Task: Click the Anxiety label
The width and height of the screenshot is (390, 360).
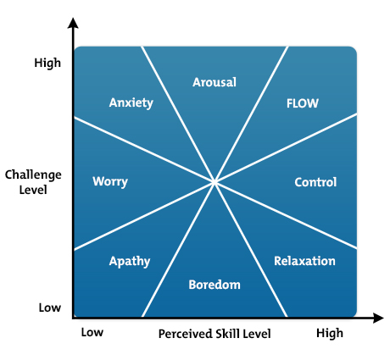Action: click(131, 103)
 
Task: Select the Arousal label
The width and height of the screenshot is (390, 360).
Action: click(214, 82)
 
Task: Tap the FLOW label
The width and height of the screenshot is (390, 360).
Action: click(302, 103)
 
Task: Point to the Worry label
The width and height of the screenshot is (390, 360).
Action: click(110, 182)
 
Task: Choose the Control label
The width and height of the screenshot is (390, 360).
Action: click(315, 182)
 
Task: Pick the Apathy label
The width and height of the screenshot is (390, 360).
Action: click(130, 261)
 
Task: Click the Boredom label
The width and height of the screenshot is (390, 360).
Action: click(214, 284)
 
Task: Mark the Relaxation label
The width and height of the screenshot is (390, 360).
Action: click(304, 261)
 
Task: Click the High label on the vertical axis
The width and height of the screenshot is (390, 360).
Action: click(48, 63)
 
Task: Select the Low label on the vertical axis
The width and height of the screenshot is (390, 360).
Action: click(50, 307)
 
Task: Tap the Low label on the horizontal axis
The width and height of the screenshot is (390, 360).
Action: click(92, 333)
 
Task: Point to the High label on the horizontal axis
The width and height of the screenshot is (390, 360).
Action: click(330, 333)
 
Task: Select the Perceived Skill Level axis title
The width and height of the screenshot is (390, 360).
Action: click(214, 334)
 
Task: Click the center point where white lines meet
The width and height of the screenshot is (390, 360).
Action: click(214, 181)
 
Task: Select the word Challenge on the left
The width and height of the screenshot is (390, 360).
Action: click(33, 175)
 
